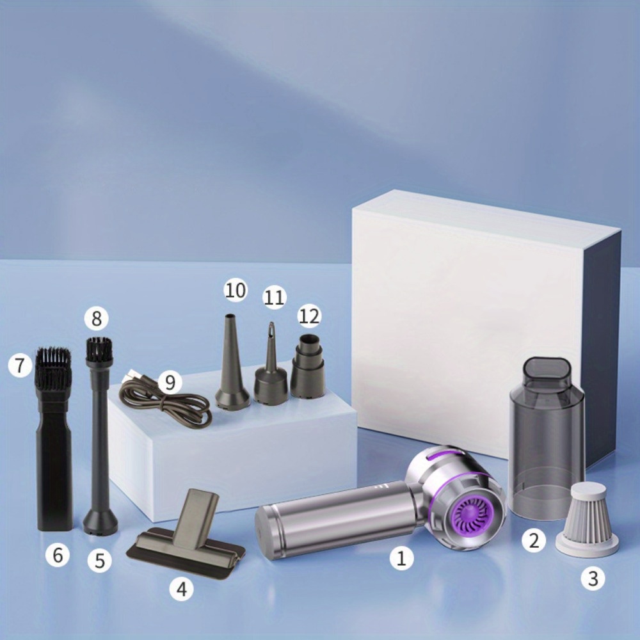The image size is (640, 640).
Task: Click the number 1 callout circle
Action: pos(401,557)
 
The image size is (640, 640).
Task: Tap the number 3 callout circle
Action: pos(592,577)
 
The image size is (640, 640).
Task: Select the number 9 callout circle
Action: pos(170,382)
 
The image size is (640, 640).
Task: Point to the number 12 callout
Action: pos(309,316)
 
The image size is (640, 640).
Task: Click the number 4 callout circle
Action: pos(182,589)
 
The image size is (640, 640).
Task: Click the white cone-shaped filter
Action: pos(588,518)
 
